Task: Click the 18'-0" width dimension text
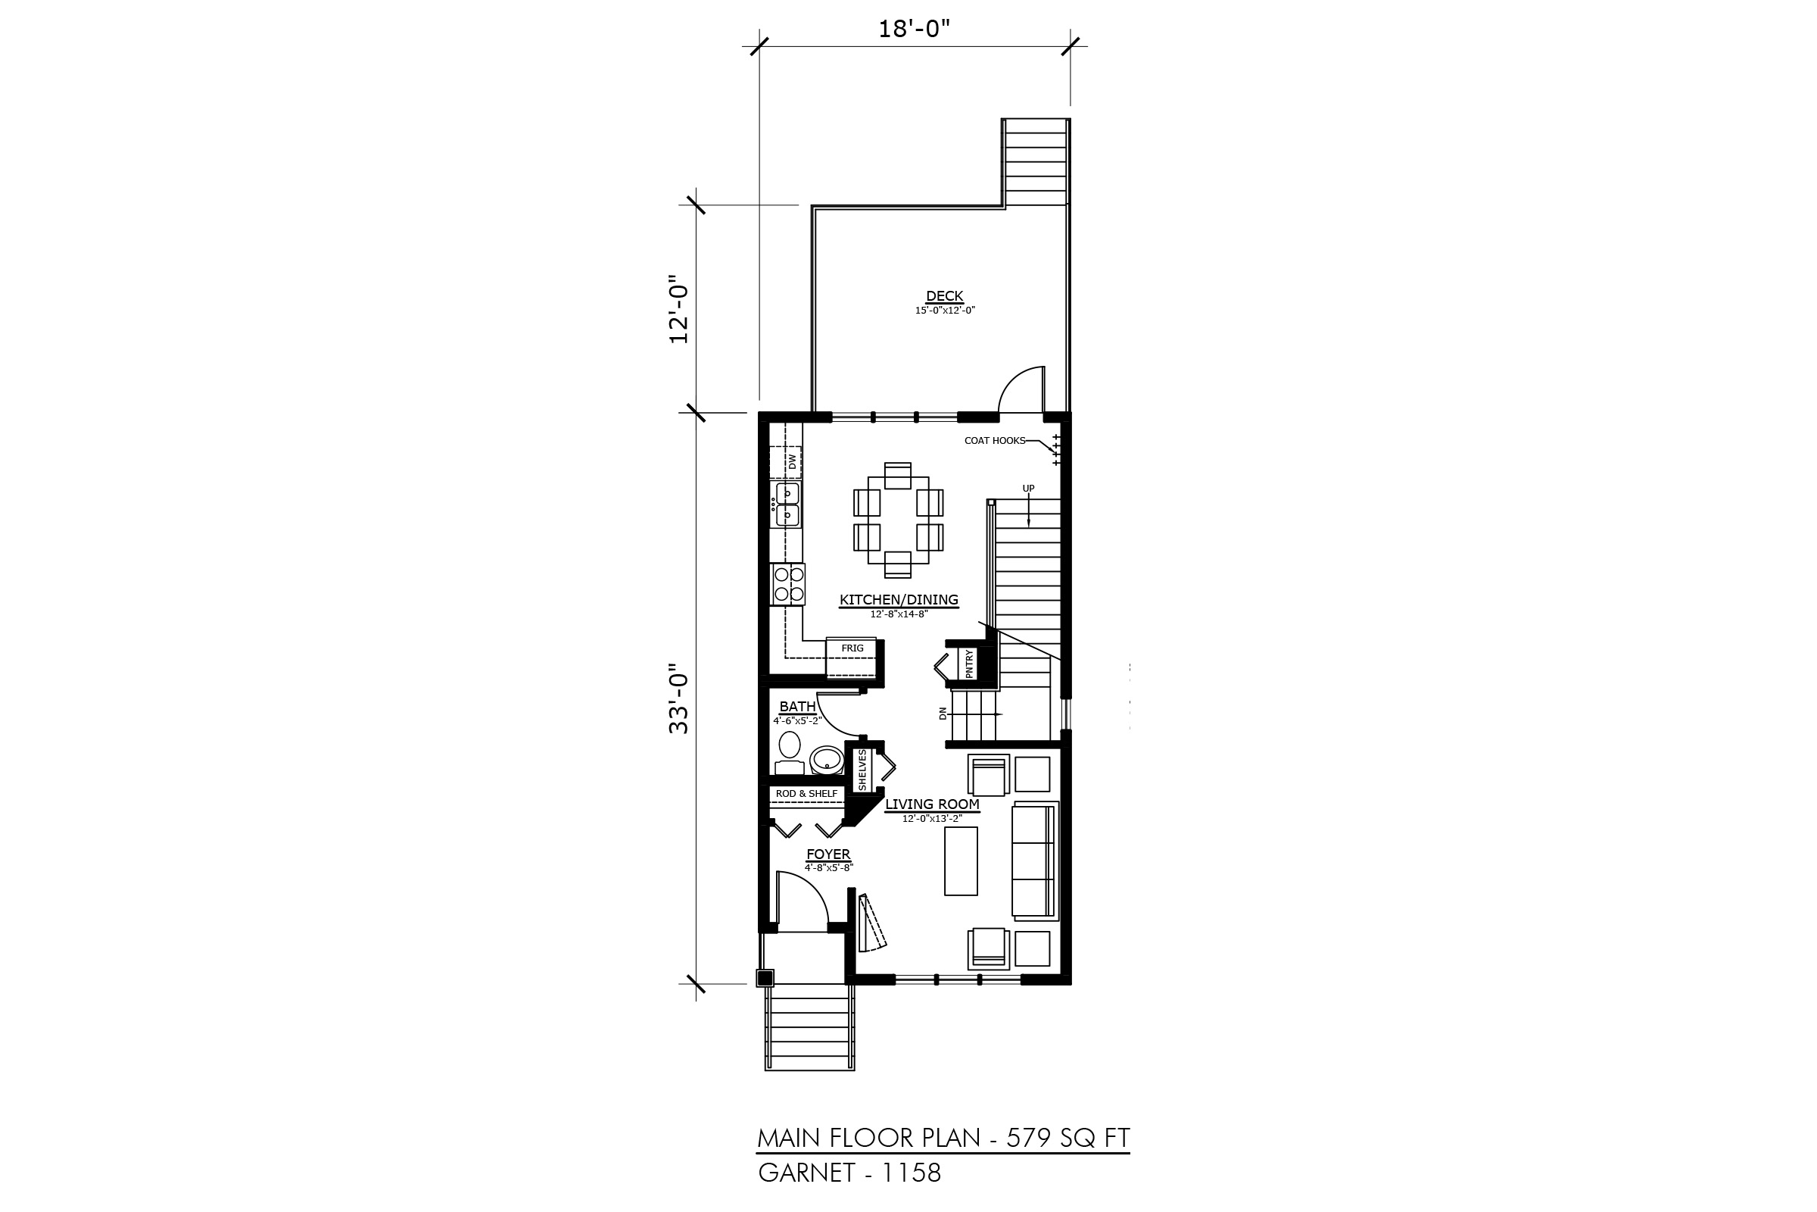[914, 30]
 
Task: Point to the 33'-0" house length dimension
[678, 698]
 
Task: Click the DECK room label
[945, 296]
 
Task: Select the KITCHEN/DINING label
[899, 599]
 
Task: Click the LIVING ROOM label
[933, 804]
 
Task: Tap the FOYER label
[828, 854]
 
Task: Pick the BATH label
[797, 706]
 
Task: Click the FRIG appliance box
[852, 658]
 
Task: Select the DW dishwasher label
[792, 461]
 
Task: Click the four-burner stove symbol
[788, 583]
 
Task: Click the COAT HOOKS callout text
[995, 441]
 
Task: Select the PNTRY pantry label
[970, 664]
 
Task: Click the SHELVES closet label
[862, 769]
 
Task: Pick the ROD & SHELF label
[806, 794]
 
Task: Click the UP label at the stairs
[1028, 489]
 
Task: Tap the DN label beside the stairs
[943, 714]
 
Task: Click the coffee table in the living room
[961, 861]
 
